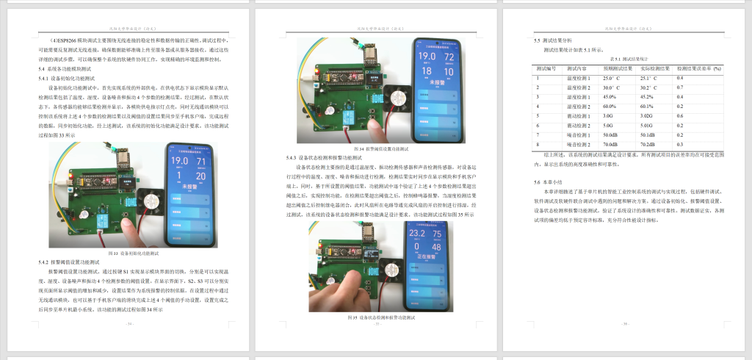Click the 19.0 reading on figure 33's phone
(179, 159)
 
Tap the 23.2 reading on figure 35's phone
(417, 234)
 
